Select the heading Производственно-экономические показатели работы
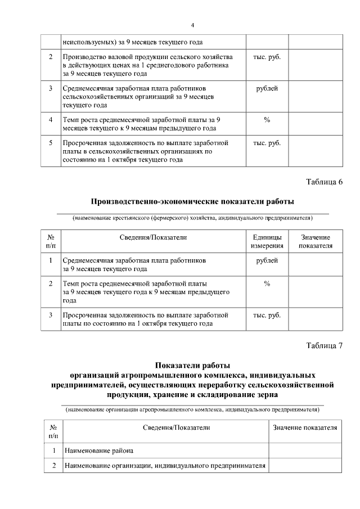coord(192,201)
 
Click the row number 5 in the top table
coord(51,143)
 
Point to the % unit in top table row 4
coord(267,119)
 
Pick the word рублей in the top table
coord(267,88)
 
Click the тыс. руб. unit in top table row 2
coord(267,57)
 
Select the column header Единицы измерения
coord(267,241)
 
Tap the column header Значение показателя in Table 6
coord(315,241)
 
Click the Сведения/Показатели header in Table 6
coord(153,237)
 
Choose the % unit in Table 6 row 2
coord(267,283)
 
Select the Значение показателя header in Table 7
coord(305,428)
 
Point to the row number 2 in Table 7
coord(54,466)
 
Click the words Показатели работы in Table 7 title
coord(192,365)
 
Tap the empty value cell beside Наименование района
coord(305,451)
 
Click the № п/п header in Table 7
coord(54,432)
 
